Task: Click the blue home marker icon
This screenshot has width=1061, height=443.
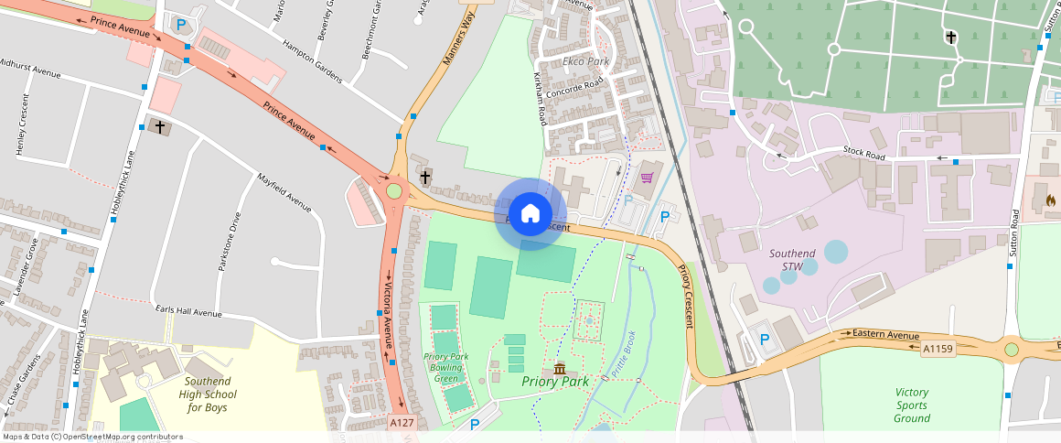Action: point(530,214)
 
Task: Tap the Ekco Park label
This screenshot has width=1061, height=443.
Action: point(585,62)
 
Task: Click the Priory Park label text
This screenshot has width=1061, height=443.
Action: point(554,381)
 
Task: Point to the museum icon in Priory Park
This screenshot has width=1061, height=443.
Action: point(560,368)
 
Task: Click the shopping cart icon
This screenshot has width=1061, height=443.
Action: point(648,178)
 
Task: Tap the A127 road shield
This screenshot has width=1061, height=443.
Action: point(402,423)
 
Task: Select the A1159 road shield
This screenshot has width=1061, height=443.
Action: point(938,349)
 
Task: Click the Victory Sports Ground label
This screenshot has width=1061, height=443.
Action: point(911,405)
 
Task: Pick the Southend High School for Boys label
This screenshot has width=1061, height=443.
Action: point(208,394)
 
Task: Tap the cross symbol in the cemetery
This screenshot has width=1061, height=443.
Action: point(951,38)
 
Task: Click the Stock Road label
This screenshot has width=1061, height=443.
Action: point(864,156)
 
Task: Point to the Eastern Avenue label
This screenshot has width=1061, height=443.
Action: point(884,334)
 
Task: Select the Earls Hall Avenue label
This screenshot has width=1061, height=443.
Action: point(188,312)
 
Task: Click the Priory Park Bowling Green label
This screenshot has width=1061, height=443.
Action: point(446,368)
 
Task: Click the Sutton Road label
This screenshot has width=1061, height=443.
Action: point(1014,232)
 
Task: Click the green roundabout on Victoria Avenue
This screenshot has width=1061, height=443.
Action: point(394,191)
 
